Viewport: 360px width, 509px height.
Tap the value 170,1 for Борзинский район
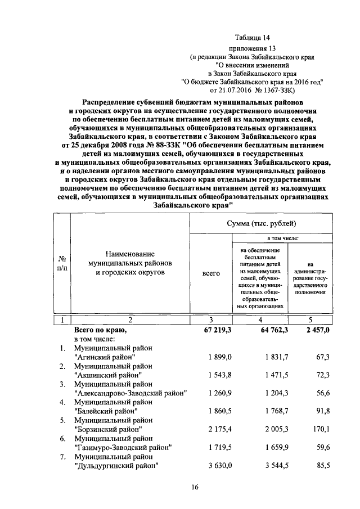(x=319, y=429)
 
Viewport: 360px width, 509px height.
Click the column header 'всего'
(x=211, y=273)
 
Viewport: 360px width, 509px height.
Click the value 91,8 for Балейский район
(x=321, y=411)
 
